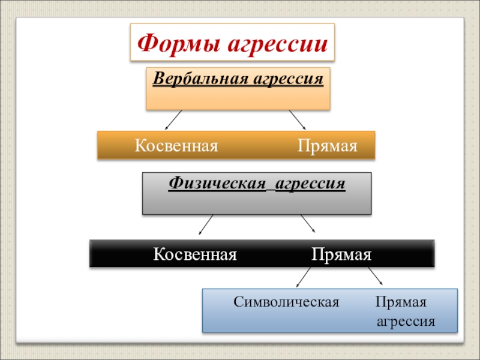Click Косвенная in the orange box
pyautogui.click(x=176, y=146)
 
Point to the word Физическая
pyautogui.click(x=217, y=183)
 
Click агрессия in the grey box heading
pyautogui.click(x=310, y=183)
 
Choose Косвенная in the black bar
pyautogui.click(x=195, y=254)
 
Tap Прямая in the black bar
pyautogui.click(x=341, y=254)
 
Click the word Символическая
pyautogui.click(x=286, y=302)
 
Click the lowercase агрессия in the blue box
pyautogui.click(x=405, y=322)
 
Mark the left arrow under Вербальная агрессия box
pyautogui.click(x=173, y=119)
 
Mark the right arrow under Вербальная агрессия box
pyautogui.click(x=298, y=119)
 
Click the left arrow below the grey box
pyautogui.click(x=205, y=224)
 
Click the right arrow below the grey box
pyautogui.click(x=308, y=224)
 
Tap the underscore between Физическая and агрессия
pyautogui.click(x=269, y=188)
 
